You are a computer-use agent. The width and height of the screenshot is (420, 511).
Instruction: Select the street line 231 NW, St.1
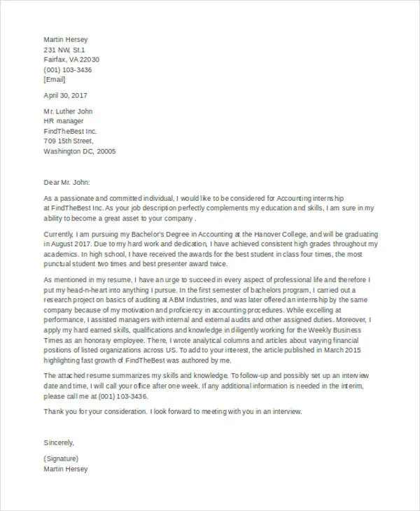[x=64, y=50]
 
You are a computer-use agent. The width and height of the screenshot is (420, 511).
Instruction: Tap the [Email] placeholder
[x=55, y=80]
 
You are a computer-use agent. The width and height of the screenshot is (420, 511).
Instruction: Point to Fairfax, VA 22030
[x=71, y=60]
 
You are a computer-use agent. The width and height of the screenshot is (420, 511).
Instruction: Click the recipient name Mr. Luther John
[x=68, y=111]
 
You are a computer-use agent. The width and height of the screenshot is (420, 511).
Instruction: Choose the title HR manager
[x=64, y=121]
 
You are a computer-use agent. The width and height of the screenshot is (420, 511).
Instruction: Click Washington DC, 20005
[x=80, y=151]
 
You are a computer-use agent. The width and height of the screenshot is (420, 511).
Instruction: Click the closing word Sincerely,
[x=59, y=442]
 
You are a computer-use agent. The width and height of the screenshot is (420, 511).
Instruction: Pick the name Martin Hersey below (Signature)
[x=66, y=469]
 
